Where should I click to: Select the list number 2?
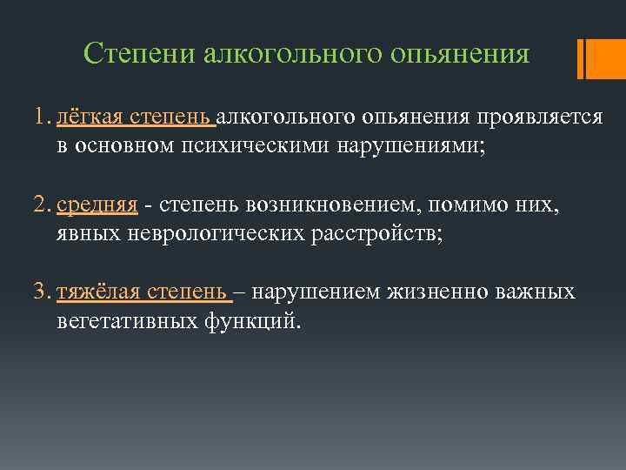[38, 205]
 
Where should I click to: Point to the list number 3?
[38, 292]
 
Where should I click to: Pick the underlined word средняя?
[97, 205]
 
